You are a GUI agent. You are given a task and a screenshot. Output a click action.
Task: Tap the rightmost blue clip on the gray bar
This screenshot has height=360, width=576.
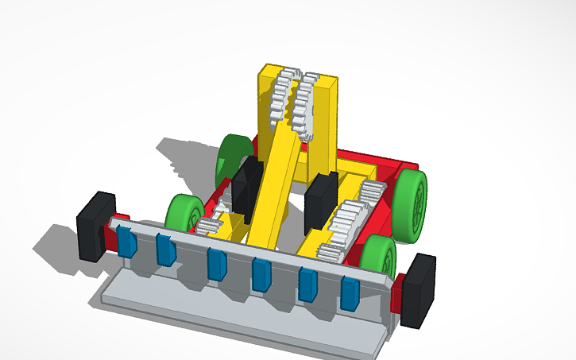click(x=350, y=292)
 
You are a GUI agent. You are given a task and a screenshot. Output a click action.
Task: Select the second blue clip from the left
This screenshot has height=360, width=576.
click(x=165, y=250)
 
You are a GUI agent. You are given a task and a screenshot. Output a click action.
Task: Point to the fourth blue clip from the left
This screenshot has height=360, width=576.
click(x=261, y=274)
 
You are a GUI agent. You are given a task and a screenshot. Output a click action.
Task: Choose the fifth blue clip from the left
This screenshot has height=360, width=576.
click(x=307, y=284)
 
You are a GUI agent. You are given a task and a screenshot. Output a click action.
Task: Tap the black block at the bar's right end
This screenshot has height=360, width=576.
click(x=418, y=290)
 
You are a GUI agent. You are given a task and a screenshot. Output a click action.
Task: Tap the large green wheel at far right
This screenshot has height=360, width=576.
click(x=412, y=205)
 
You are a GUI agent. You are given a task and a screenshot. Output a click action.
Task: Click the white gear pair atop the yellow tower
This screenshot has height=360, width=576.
click(x=290, y=101)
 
